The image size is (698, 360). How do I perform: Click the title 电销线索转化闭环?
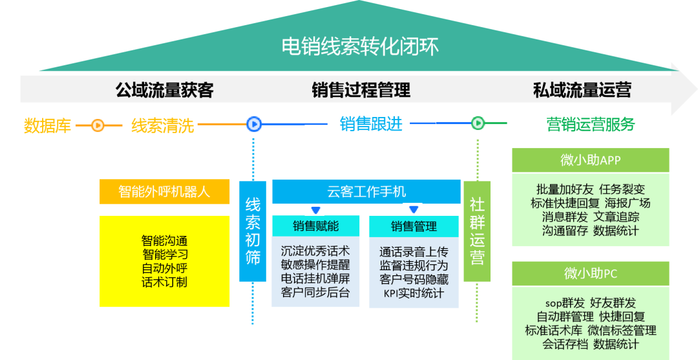pyautogui.click(x=360, y=47)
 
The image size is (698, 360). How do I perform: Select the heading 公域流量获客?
pyautogui.click(x=164, y=90)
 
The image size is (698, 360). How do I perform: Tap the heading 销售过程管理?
pyautogui.click(x=361, y=90)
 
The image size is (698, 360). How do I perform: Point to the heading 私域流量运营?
pyautogui.click(x=582, y=90)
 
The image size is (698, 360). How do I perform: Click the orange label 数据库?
pyautogui.click(x=47, y=125)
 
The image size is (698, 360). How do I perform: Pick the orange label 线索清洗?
pyautogui.click(x=162, y=125)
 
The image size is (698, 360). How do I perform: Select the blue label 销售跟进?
pyautogui.click(x=371, y=123)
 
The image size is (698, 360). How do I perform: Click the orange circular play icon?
pyautogui.click(x=98, y=125)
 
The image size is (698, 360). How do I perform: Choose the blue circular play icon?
pyautogui.click(x=253, y=123)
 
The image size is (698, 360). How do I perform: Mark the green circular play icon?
pyautogui.click(x=478, y=123)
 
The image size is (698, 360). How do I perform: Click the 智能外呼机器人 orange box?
pyautogui.click(x=164, y=191)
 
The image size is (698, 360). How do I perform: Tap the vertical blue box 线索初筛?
pyautogui.click(x=253, y=231)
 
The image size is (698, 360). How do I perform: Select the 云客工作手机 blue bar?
pyautogui.click(x=366, y=191)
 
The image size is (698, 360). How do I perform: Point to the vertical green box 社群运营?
pyautogui.click(x=477, y=231)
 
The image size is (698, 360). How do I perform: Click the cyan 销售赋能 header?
pyautogui.click(x=315, y=226)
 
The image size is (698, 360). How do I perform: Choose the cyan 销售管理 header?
pyautogui.click(x=414, y=226)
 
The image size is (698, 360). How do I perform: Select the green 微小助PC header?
pyautogui.click(x=590, y=273)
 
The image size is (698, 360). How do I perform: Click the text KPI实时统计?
pyautogui.click(x=414, y=293)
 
